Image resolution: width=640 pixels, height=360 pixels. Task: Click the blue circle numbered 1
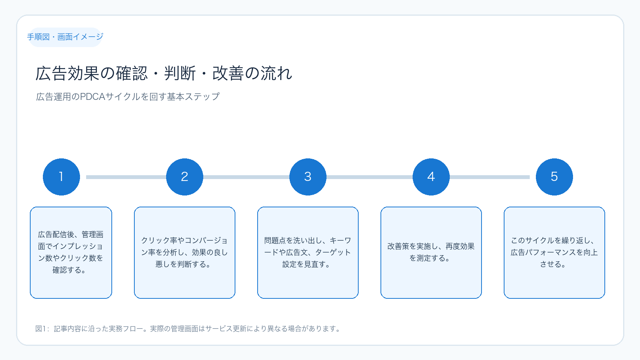61,177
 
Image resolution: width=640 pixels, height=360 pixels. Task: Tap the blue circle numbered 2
184,177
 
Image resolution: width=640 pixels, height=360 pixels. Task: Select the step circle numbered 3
308,177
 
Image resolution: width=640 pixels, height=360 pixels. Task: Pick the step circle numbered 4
431,177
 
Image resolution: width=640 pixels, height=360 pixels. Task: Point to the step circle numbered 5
554,177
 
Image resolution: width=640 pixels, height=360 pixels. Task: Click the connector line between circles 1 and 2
126,177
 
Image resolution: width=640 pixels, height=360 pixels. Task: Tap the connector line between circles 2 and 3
246,177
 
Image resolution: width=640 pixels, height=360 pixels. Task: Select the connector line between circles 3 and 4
369,177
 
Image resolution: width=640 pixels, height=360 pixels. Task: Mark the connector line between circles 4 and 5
490,177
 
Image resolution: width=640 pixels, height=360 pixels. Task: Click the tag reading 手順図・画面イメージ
65,37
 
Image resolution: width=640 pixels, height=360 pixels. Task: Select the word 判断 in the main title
180,73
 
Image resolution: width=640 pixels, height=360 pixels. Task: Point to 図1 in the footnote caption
41,329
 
